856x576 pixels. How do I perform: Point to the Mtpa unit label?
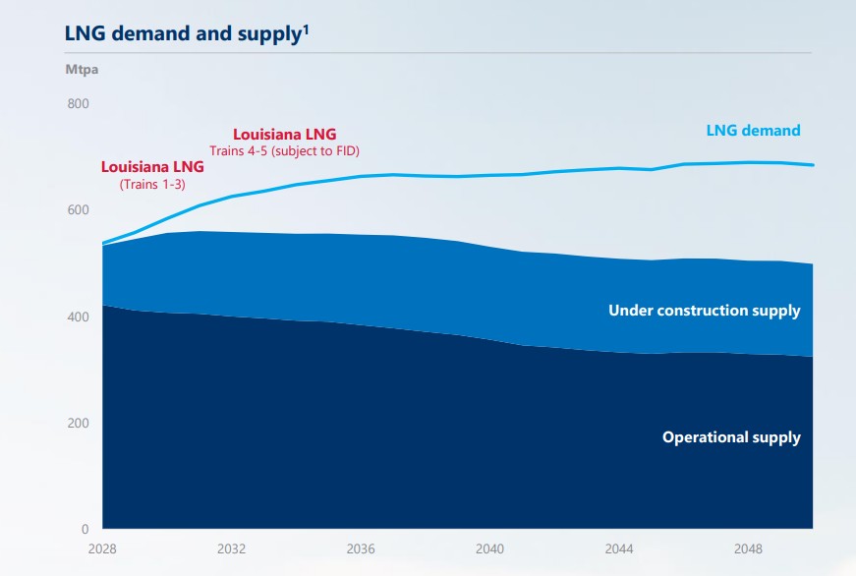[x=82, y=70]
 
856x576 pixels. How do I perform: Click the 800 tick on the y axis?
[x=78, y=104]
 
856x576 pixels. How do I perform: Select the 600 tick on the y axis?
[x=78, y=210]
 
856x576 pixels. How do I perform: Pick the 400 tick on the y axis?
[x=78, y=317]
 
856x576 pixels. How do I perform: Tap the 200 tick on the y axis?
[x=78, y=423]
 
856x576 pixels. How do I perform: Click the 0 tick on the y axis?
[x=86, y=529]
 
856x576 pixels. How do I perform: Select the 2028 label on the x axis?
[x=103, y=548]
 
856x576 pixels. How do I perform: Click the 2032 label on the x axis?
[x=232, y=548]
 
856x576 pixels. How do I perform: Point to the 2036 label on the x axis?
[x=362, y=548]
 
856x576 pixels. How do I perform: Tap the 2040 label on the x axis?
[x=490, y=548]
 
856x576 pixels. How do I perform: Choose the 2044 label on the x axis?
[x=619, y=548]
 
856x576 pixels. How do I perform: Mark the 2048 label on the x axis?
[x=749, y=548]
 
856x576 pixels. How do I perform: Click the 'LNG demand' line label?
[x=753, y=130]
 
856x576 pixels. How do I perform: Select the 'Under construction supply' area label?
[x=704, y=311]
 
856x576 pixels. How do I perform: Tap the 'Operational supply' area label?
[x=731, y=437]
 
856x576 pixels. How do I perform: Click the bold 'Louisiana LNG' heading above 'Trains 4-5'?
[x=284, y=134]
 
